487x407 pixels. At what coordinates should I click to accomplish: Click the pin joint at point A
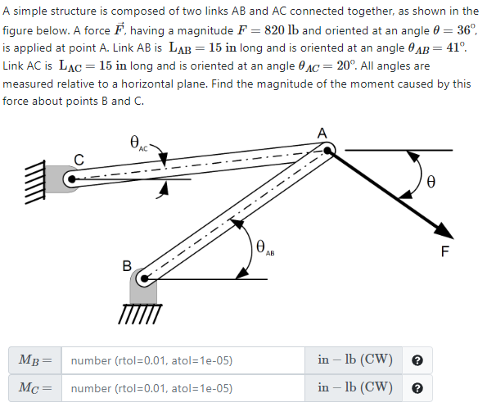(x=326, y=150)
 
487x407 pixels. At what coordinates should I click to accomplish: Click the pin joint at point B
(x=143, y=280)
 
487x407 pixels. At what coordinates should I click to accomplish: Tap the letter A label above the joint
(x=322, y=133)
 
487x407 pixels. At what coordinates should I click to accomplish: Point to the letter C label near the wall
(x=79, y=158)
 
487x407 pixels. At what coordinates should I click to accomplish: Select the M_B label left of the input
(x=34, y=360)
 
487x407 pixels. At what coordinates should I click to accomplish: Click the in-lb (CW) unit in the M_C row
(x=355, y=387)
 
